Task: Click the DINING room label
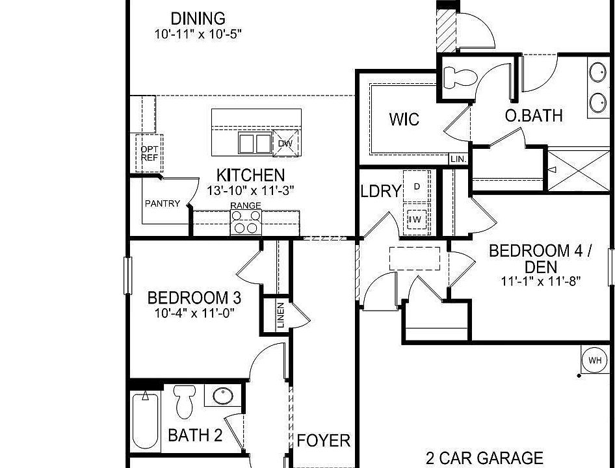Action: coord(198,19)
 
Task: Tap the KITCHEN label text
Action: coord(250,175)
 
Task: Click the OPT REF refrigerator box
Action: coord(149,153)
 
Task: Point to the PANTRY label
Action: coord(163,203)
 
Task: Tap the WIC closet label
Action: coord(404,120)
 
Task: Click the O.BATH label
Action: coord(534,116)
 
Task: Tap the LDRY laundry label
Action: coord(381,191)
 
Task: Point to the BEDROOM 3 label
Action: coord(194,298)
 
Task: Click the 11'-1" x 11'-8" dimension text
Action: coord(540,281)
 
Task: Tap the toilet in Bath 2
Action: coord(185,402)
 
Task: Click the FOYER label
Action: coord(323,441)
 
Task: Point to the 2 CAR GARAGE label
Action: coord(484,458)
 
